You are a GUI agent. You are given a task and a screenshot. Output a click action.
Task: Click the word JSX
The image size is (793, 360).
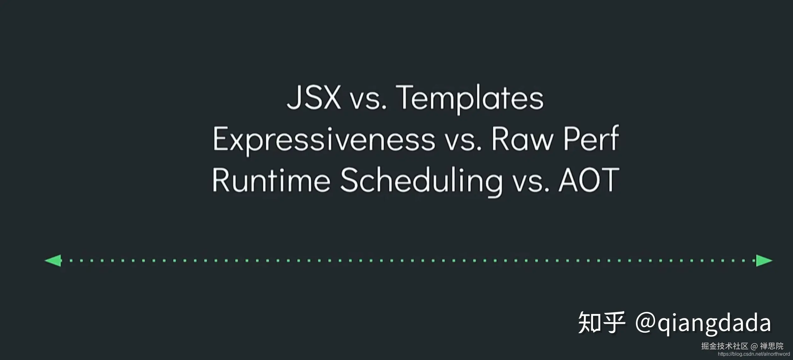click(314, 97)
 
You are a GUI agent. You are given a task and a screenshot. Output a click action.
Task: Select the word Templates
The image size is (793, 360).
click(470, 98)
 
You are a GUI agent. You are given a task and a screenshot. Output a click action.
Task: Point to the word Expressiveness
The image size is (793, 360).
click(324, 140)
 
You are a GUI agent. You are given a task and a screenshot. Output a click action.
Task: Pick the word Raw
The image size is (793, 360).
click(522, 139)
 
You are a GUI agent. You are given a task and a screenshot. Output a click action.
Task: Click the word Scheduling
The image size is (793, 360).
click(421, 182)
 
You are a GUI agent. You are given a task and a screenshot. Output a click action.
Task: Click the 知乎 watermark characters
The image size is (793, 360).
click(601, 322)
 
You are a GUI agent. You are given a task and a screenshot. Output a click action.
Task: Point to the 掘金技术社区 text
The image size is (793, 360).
click(725, 346)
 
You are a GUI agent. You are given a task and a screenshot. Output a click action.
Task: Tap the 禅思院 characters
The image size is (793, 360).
click(772, 346)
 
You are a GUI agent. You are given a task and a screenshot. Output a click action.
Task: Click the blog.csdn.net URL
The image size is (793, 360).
click(754, 354)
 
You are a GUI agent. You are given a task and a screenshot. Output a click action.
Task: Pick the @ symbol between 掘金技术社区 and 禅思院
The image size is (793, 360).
click(754, 346)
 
